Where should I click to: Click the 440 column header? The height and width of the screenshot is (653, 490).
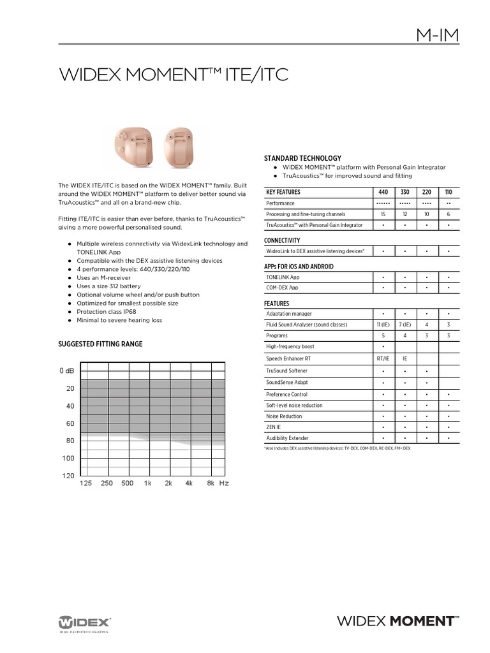point(383,192)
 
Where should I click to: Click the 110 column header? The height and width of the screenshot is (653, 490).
point(449,192)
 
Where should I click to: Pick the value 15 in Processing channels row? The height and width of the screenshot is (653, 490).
point(383,214)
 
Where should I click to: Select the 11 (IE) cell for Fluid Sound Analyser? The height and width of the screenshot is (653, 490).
point(383,325)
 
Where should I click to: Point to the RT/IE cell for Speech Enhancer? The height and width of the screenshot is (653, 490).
point(383,358)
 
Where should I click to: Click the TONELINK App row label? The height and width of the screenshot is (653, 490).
point(282,277)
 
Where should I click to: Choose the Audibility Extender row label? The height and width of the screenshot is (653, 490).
point(287,439)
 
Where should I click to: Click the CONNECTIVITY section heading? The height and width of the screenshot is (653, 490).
point(282,240)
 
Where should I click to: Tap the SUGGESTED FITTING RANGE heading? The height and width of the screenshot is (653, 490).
point(100,344)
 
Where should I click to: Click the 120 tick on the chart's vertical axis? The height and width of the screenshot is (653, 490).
point(68,476)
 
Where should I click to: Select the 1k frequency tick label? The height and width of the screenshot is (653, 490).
point(147,484)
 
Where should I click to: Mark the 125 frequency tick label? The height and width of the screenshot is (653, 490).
point(85,484)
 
